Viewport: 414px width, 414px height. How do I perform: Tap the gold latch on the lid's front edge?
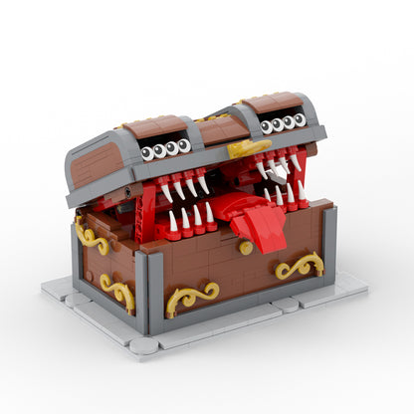pyautogui.click(x=248, y=149)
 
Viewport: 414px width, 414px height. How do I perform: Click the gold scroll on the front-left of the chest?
pyautogui.click(x=192, y=297)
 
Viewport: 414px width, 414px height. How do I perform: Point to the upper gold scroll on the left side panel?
pyautogui.click(x=92, y=237)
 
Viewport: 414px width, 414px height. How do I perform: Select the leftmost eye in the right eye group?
pyautogui.click(x=266, y=126)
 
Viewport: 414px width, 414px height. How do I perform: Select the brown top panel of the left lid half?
pyautogui.click(x=154, y=126)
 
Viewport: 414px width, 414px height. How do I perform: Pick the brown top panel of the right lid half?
pyautogui.click(x=271, y=103)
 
